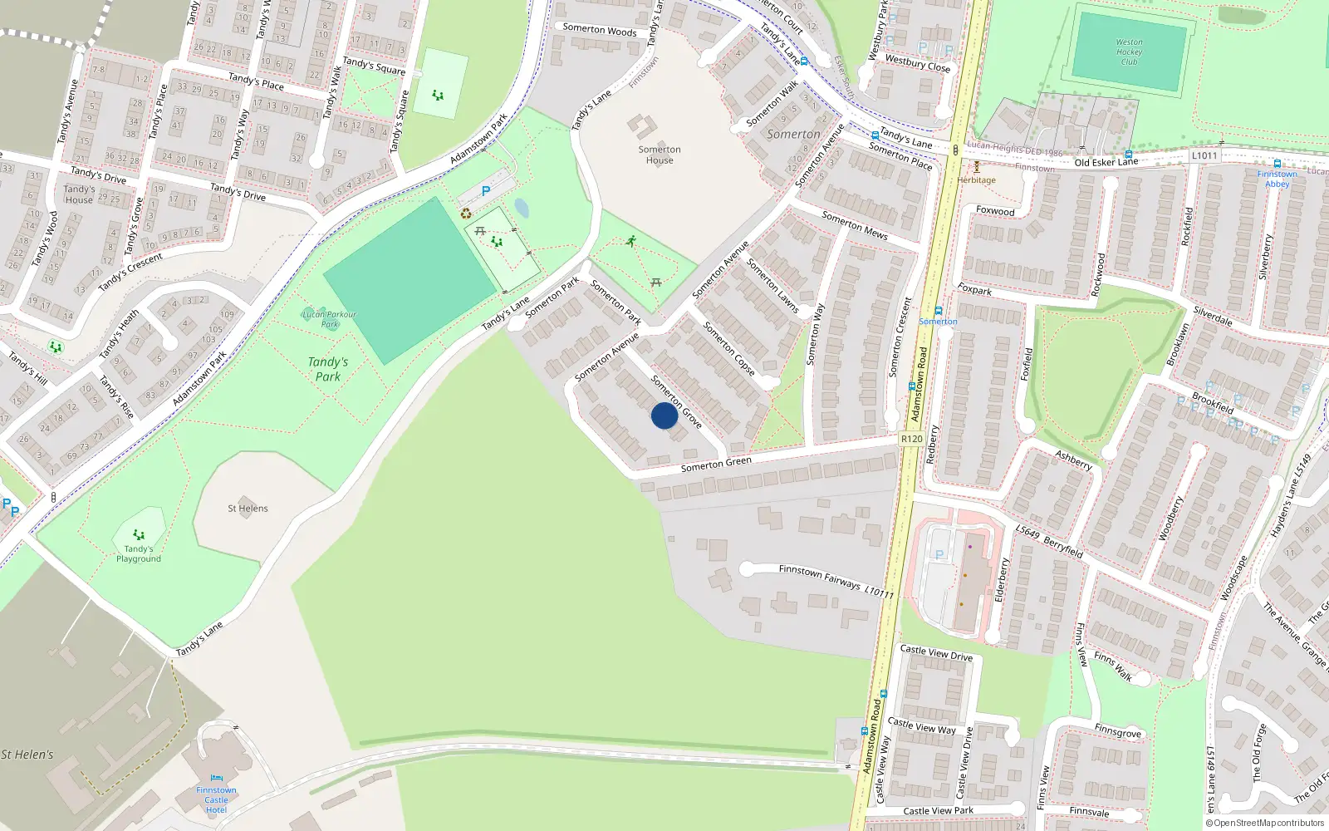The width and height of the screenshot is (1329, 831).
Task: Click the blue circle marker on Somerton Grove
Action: [x=664, y=415]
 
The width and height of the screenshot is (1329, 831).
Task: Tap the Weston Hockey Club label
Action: [x=1129, y=52]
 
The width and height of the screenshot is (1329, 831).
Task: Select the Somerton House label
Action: [x=660, y=155]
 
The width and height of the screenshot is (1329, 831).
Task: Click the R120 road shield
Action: [x=911, y=439]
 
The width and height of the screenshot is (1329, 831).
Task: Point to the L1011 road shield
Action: [x=1204, y=155]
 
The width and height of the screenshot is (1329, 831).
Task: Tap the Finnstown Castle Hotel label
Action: [x=216, y=799]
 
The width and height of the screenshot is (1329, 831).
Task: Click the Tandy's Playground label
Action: [x=139, y=553]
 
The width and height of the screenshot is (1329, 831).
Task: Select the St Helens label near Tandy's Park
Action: [x=248, y=508]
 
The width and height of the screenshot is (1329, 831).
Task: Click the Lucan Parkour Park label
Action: [x=329, y=318]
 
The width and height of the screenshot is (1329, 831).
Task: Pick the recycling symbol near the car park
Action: [x=466, y=214]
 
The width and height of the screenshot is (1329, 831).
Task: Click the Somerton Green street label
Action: [x=716, y=464]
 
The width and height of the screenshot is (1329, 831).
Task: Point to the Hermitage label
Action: [x=976, y=179]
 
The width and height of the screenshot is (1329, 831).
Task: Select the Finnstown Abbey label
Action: [x=1277, y=179]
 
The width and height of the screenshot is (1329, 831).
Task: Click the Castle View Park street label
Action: [x=938, y=810]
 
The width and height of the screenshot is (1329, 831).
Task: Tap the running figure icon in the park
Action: [x=631, y=241]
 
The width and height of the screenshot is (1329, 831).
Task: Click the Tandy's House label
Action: [x=79, y=194]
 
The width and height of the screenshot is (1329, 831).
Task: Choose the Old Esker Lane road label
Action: [x=1106, y=162]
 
